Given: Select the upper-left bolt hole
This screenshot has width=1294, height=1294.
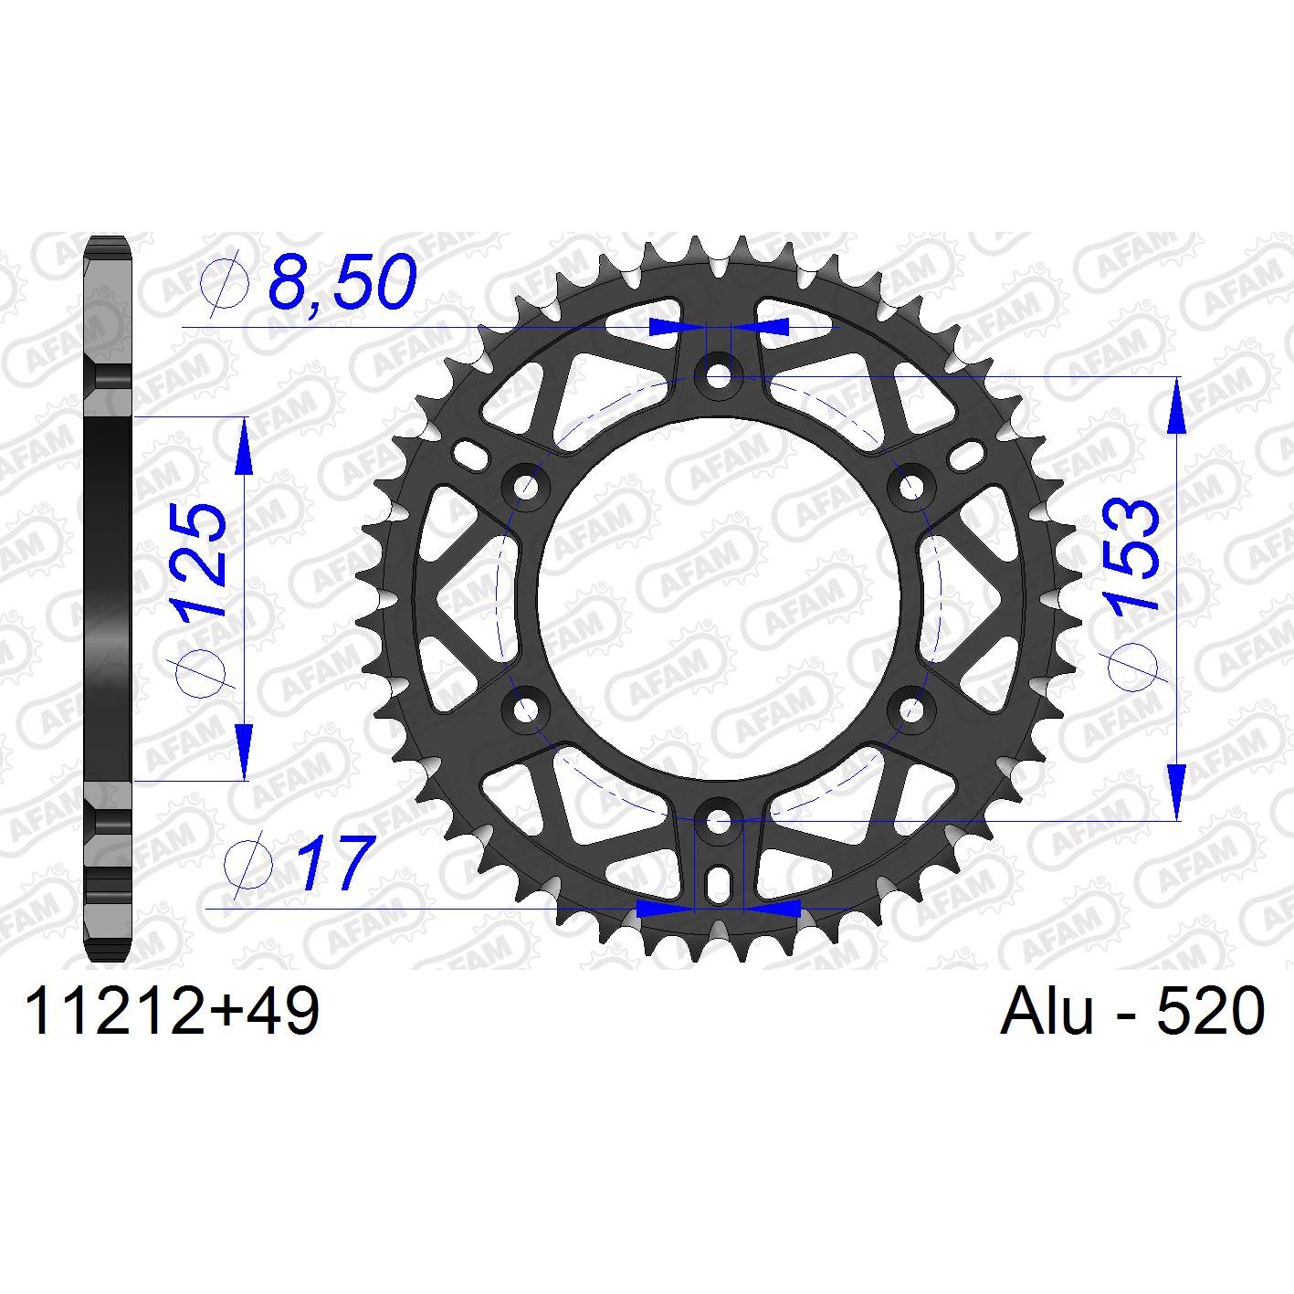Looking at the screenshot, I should pyautogui.click(x=526, y=486).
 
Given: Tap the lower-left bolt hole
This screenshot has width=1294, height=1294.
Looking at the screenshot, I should pyautogui.click(x=526, y=709).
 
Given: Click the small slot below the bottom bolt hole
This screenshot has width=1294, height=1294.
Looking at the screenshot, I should pyautogui.click(x=719, y=882).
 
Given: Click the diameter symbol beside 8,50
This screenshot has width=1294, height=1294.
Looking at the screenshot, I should pyautogui.click(x=225, y=282).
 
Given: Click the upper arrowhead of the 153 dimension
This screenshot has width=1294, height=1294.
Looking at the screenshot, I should pyautogui.click(x=1177, y=406).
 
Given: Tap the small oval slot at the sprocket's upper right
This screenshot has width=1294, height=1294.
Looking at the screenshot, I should pyautogui.click(x=968, y=453).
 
